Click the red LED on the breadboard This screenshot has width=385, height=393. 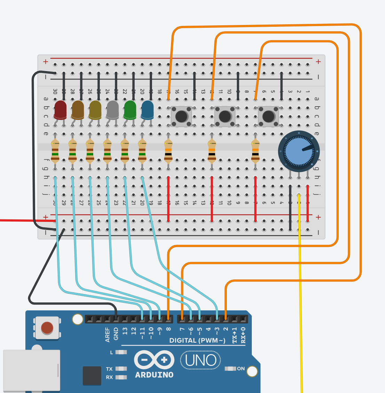click(60, 109)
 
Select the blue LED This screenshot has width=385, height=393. click(147, 109)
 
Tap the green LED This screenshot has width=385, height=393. click(130, 109)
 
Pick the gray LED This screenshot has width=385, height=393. click(112, 109)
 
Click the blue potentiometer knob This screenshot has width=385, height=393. click(299, 151)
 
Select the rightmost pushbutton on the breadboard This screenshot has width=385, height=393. click(268, 116)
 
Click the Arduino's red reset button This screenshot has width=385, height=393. click(47, 327)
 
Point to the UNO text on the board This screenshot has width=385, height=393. click(201, 361)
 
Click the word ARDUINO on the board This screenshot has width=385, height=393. click(154, 375)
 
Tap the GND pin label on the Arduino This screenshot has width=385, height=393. click(116, 334)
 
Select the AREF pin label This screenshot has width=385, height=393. click(107, 334)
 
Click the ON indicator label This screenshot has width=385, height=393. click(241, 369)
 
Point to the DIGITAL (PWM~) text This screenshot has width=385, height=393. click(197, 341)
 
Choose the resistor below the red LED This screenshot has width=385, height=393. click(55, 151)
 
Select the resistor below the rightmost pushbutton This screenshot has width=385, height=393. click(255, 151)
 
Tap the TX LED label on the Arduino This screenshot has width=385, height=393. click(109, 369)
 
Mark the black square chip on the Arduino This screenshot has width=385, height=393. click(92, 376)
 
